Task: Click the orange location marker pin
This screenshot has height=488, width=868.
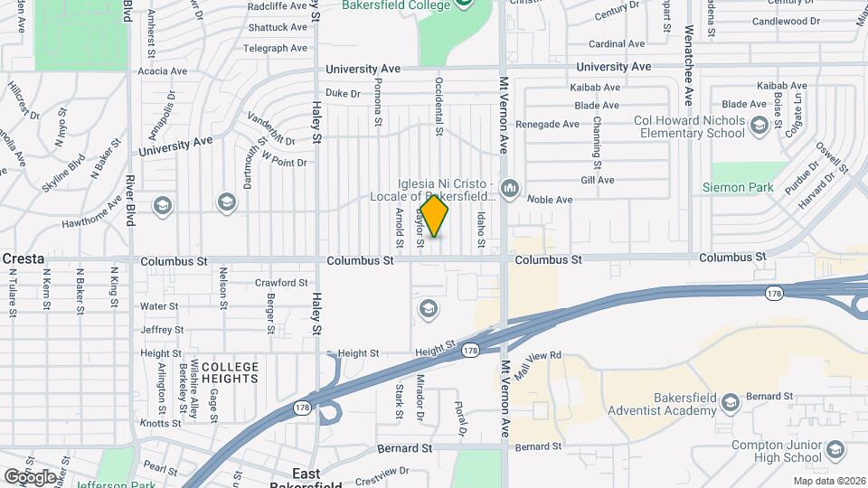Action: tap(434, 216)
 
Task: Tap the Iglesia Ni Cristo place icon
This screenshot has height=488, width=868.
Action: tap(510, 188)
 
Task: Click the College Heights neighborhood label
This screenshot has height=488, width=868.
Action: tap(230, 373)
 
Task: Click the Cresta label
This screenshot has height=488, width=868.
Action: tap(24, 258)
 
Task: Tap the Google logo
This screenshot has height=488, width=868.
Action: tap(30, 476)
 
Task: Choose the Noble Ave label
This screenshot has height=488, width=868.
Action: tap(550, 200)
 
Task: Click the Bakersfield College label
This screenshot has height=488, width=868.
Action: tap(396, 5)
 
